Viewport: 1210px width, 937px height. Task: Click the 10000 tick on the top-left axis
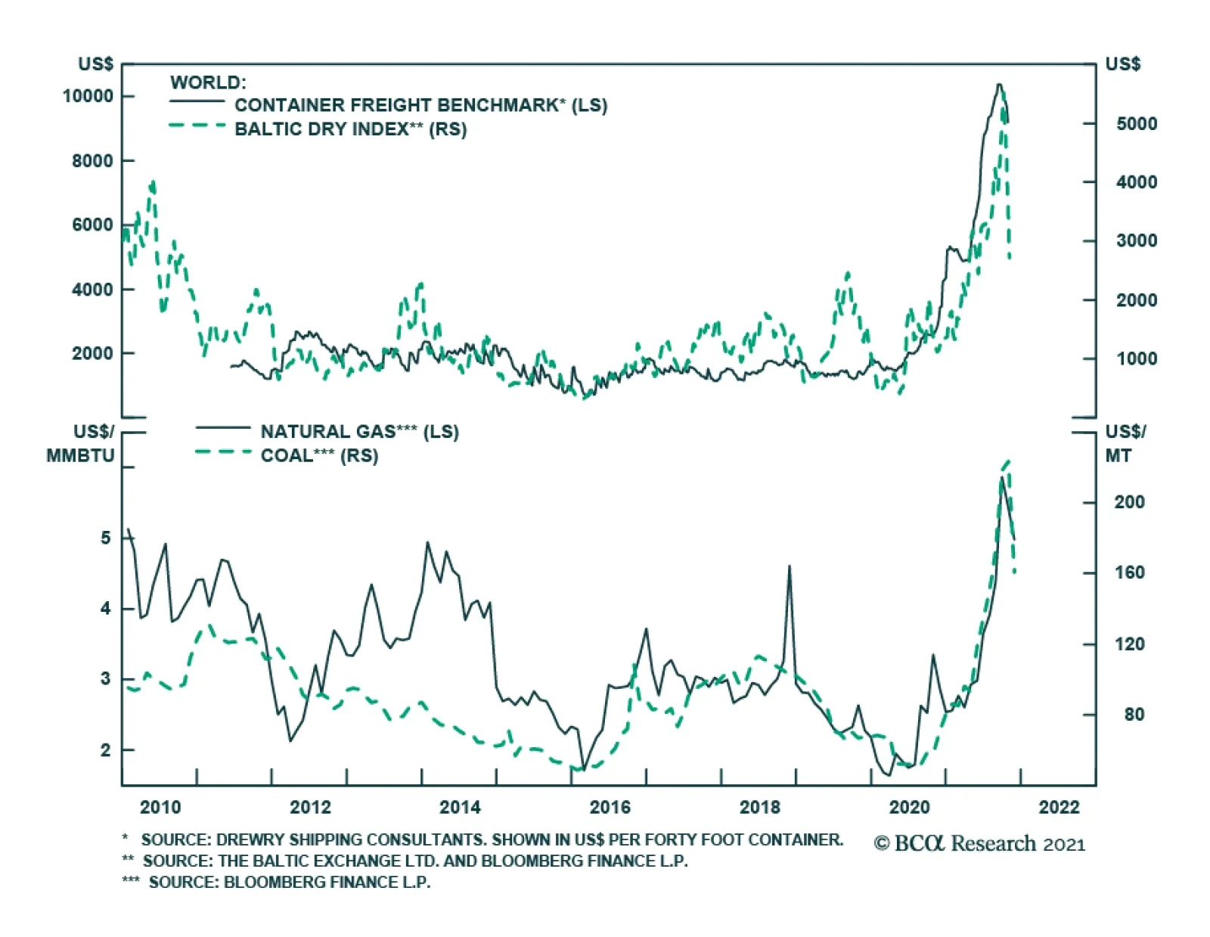coord(88,96)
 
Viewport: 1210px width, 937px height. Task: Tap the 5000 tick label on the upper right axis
coord(1136,123)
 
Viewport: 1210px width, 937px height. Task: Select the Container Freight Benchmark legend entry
coord(420,105)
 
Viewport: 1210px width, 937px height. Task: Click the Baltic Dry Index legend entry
coord(350,129)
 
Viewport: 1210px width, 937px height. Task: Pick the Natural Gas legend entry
coord(359,432)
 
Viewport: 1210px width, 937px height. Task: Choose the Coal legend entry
coord(319,455)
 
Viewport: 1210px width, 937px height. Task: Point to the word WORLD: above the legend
coord(208,82)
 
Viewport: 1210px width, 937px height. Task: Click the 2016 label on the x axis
coord(610,807)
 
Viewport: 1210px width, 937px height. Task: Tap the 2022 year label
coord(1059,807)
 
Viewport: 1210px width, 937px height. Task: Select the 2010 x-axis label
coord(160,807)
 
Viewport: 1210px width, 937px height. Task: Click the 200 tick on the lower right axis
coord(1129,502)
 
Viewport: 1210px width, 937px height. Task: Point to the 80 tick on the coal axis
coord(1134,715)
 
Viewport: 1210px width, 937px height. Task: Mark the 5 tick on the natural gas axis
coord(105,538)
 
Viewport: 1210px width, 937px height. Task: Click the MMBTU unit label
coord(80,455)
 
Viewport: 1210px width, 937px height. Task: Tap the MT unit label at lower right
coord(1118,455)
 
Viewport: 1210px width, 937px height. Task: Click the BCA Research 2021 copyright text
coord(979,844)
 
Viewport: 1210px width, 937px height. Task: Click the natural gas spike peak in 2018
coord(790,566)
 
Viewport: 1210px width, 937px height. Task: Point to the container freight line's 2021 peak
coord(999,84)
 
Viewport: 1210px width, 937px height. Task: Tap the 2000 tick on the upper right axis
coord(1136,300)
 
